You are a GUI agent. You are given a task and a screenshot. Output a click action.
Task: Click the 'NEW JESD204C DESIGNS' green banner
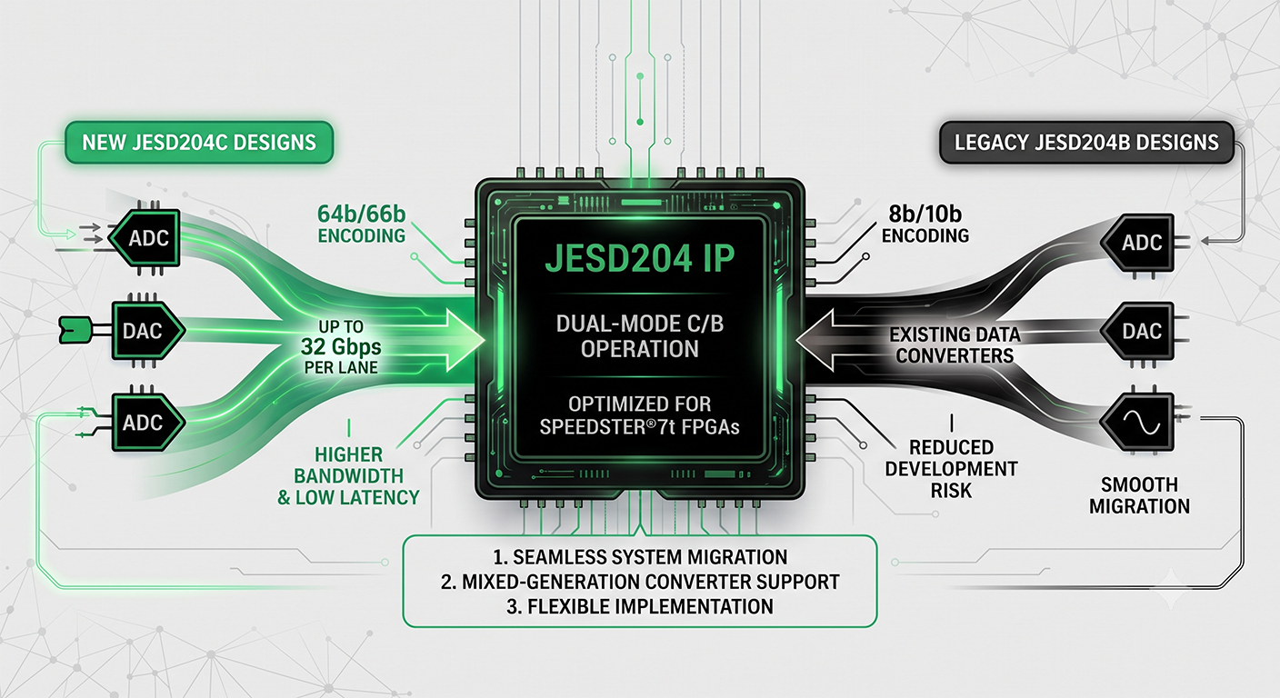coord(199,142)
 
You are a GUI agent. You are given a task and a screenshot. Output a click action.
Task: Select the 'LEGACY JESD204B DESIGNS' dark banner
coord(1086,142)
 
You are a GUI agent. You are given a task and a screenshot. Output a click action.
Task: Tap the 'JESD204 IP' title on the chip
coord(639,258)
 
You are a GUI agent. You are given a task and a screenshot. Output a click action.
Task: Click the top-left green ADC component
coord(145,237)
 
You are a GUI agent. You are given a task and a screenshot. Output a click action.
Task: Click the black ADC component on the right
coord(1137,243)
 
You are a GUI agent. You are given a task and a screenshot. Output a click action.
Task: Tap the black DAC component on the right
coord(1137,332)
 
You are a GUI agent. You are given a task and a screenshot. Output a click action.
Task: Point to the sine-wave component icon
coord(1137,422)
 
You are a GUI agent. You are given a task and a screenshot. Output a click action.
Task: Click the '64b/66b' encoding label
coord(361,214)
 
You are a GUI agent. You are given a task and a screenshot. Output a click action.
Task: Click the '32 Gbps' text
coord(341,346)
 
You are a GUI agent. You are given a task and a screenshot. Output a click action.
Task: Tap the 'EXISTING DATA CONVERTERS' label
coord(955,345)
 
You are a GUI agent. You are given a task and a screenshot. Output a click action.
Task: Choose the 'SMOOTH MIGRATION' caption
coord(1139,495)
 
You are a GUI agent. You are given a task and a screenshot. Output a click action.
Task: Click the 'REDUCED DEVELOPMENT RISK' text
coord(952,469)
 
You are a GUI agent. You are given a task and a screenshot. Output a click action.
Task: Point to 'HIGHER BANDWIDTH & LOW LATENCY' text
coord(348,476)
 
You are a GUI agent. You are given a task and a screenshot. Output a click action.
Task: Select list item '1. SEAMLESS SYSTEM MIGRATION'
coord(640,557)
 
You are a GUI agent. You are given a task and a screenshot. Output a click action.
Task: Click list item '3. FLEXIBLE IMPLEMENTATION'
coord(640,606)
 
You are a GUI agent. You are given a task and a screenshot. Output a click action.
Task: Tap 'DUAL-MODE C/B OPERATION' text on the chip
coord(640,336)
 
